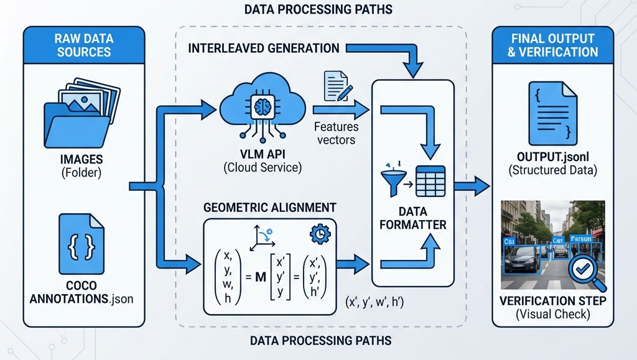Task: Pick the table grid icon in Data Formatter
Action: (x=430, y=182)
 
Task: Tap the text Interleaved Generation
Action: (x=264, y=48)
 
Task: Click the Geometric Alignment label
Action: (x=271, y=207)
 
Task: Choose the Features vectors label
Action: (x=336, y=133)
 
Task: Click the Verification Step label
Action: (x=552, y=302)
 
